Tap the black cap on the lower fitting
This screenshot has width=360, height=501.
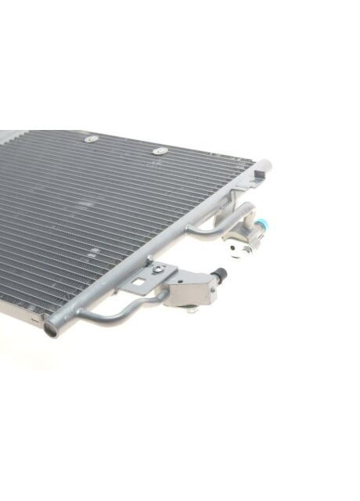221,274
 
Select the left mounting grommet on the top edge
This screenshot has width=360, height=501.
91,139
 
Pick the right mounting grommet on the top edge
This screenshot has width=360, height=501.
159,150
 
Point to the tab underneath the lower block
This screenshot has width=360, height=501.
190,310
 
